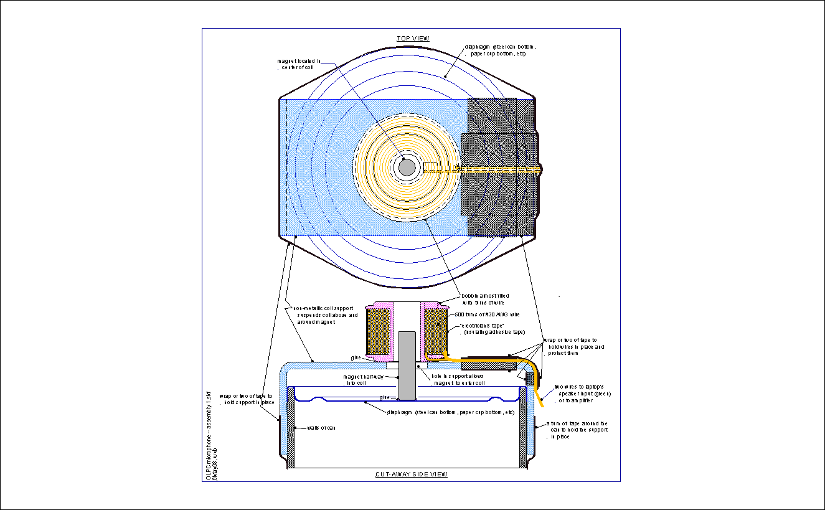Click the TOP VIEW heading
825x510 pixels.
(413, 39)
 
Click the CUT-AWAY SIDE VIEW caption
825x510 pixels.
(411, 475)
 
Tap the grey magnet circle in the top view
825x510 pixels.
(407, 167)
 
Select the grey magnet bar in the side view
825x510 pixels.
(407, 366)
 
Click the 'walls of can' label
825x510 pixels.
(322, 428)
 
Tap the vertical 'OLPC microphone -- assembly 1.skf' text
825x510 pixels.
(209, 435)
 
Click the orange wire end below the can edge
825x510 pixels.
(541, 405)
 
